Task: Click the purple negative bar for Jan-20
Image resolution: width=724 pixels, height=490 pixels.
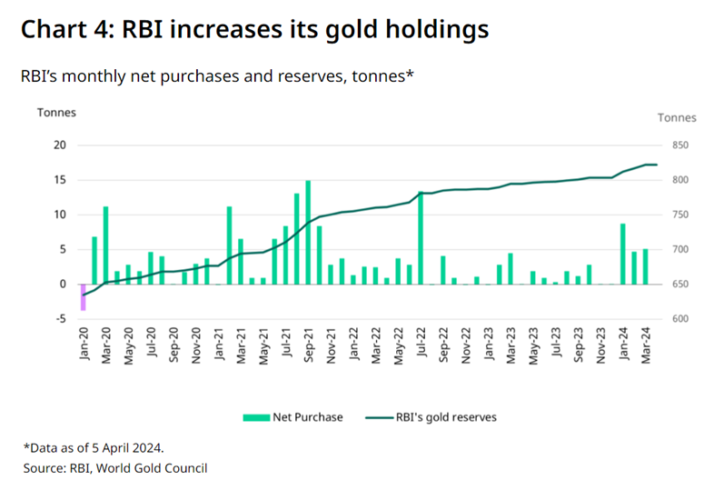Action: pyautogui.click(x=84, y=297)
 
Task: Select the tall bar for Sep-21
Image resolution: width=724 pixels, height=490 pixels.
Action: pyautogui.click(x=308, y=233)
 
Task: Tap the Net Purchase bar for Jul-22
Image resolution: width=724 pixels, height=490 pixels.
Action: pyautogui.click(x=421, y=238)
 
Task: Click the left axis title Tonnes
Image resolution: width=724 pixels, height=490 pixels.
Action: pyautogui.click(x=55, y=113)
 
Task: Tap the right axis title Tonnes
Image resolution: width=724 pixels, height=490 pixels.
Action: pyautogui.click(x=677, y=117)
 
